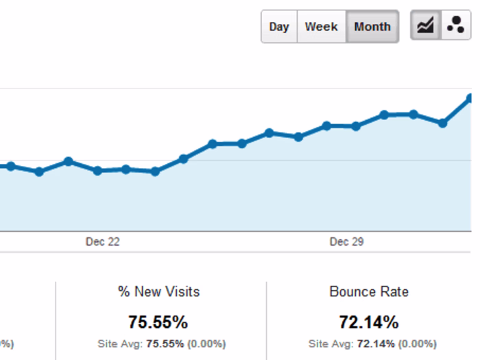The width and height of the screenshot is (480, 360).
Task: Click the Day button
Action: pyautogui.click(x=279, y=27)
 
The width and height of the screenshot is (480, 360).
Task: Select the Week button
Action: pyautogui.click(x=321, y=27)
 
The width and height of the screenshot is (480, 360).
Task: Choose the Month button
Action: pyautogui.click(x=372, y=27)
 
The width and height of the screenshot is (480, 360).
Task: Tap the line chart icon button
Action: pyautogui.click(x=425, y=26)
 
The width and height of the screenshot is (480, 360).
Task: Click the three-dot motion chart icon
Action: pyautogui.click(x=455, y=26)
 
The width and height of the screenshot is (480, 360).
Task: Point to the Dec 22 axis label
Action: pyautogui.click(x=102, y=242)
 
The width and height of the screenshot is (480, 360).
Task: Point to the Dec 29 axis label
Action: pyautogui.click(x=346, y=242)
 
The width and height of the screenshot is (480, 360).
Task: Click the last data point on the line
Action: pyautogui.click(x=470, y=98)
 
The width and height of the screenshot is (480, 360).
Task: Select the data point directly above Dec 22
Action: pyautogui.click(x=97, y=171)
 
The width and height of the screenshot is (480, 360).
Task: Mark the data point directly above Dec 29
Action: pyautogui.click(x=355, y=126)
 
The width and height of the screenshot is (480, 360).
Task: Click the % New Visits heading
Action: pyautogui.click(x=158, y=291)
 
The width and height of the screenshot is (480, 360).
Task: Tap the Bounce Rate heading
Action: pyautogui.click(x=369, y=291)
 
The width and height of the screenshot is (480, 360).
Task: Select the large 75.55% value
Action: pyautogui.click(x=158, y=322)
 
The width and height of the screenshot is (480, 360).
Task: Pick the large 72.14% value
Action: pyautogui.click(x=368, y=322)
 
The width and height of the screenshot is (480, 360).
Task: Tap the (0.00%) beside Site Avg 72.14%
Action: pyautogui.click(x=416, y=344)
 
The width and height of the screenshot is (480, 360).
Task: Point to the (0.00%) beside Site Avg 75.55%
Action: pyautogui.click(x=205, y=344)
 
